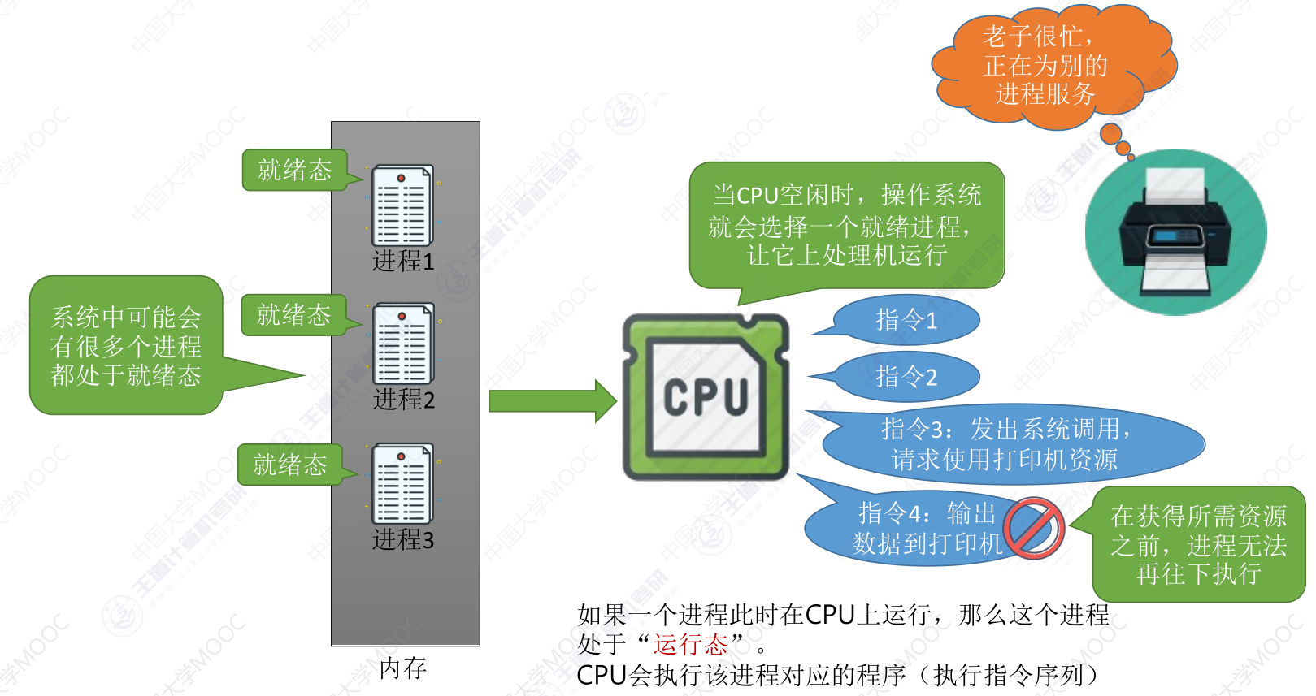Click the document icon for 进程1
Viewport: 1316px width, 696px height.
402,205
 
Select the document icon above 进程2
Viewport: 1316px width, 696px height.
403,344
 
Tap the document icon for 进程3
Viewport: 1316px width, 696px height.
402,484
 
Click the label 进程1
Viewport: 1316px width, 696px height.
403,262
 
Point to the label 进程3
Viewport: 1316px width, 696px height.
403,539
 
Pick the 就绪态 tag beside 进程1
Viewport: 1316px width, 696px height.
295,170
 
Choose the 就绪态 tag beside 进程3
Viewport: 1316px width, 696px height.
290,465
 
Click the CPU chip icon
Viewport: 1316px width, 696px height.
706,397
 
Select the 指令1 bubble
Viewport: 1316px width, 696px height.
906,320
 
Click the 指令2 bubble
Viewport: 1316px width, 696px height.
906,377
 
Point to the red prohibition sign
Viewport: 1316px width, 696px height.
1034,528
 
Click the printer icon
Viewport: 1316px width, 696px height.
1175,232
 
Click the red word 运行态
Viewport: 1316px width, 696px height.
690,644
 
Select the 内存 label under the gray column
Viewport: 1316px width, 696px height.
403,668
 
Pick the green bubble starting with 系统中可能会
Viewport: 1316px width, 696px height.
126,346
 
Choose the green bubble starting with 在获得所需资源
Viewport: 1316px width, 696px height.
1198,545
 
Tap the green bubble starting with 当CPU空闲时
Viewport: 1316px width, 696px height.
846,225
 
